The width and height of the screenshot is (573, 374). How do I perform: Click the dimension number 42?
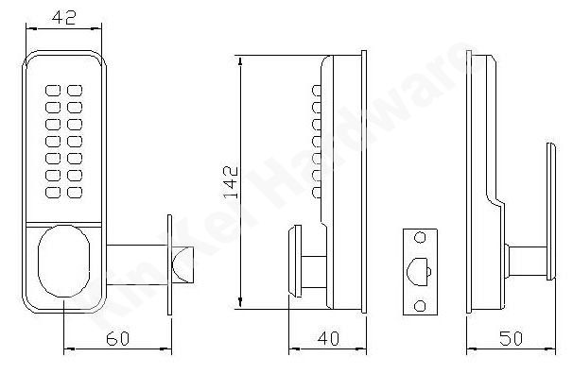(x=64, y=17)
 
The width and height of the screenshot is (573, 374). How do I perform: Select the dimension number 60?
(x=117, y=338)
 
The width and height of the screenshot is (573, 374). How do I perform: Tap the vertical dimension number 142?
(x=232, y=182)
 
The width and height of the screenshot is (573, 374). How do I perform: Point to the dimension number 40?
(x=328, y=338)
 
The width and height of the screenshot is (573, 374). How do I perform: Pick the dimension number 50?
(x=511, y=338)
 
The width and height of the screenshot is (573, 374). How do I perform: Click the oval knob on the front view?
(x=64, y=262)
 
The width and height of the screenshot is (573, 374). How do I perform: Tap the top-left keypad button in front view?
(x=53, y=91)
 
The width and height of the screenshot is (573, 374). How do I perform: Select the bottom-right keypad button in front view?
(x=75, y=193)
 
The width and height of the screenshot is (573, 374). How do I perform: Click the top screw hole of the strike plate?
(x=420, y=238)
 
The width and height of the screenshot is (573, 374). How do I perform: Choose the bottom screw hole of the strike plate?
(x=420, y=305)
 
